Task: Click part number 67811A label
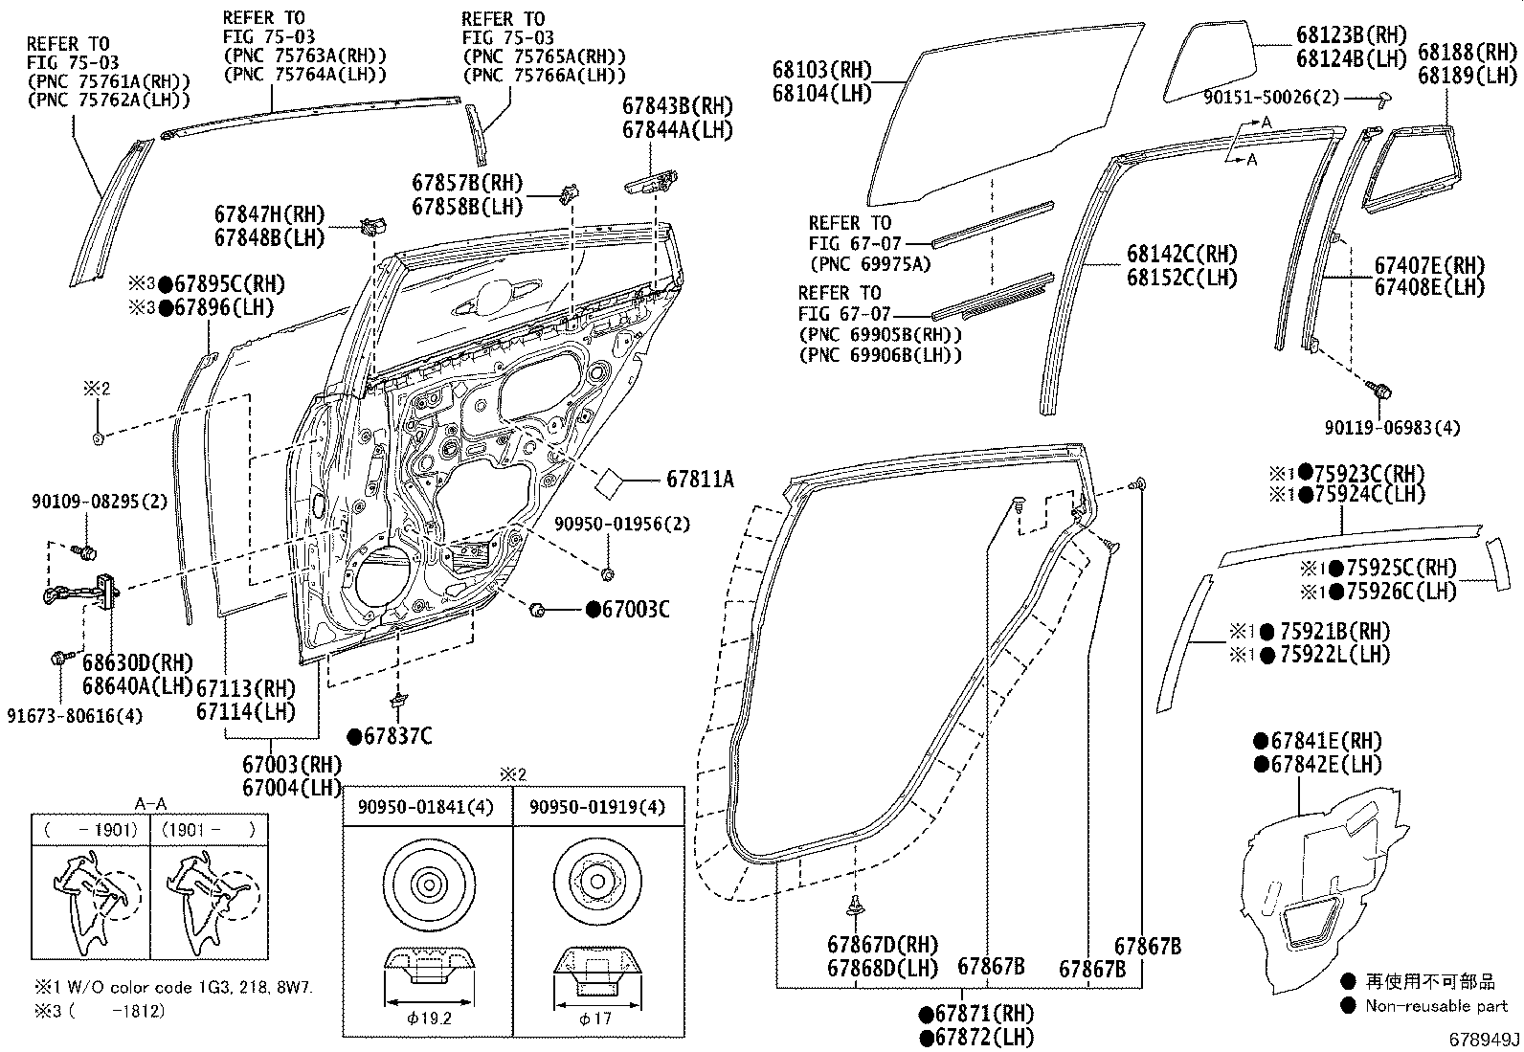click(700, 480)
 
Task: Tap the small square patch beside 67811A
click(610, 482)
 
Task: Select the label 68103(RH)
click(822, 70)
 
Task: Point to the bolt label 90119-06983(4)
click(1392, 428)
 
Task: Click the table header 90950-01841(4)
click(426, 808)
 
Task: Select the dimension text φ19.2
click(428, 1018)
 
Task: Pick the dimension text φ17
click(595, 1018)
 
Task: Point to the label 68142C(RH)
click(1181, 255)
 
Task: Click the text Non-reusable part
click(1436, 1005)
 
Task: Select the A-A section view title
click(149, 805)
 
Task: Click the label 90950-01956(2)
click(622, 525)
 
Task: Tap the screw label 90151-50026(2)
click(1271, 98)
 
